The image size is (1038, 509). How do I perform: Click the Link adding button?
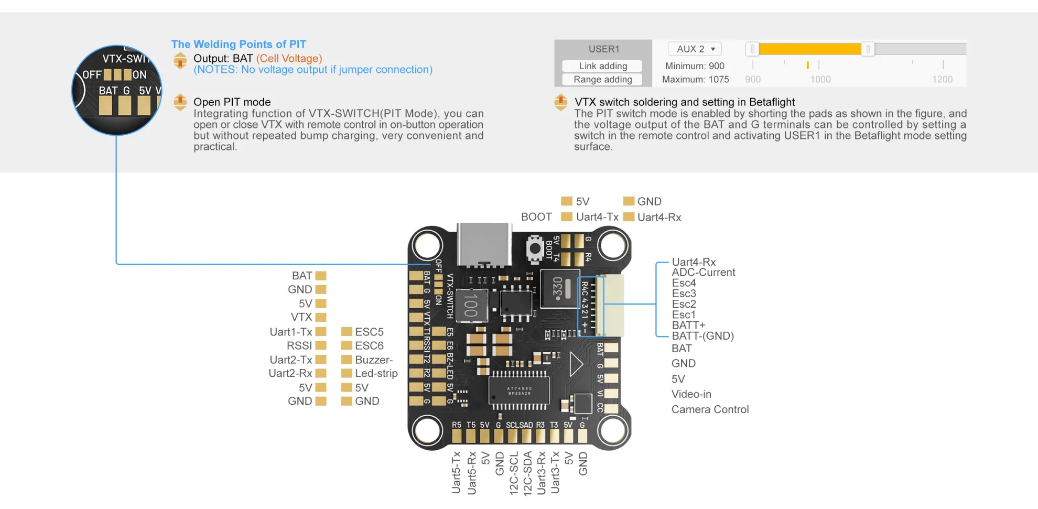[x=602, y=66]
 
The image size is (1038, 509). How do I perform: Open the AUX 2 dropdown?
[x=695, y=49]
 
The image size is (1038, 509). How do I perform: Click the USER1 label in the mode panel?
[x=603, y=49]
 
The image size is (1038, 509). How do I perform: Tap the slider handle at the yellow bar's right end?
[x=868, y=49]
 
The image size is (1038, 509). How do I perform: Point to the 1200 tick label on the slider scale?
[x=942, y=80]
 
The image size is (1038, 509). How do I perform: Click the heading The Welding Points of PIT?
[x=239, y=45]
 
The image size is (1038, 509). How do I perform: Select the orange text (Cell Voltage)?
[x=289, y=59]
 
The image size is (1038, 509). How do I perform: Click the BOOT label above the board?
[x=536, y=217]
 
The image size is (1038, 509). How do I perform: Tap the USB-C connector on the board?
[x=484, y=244]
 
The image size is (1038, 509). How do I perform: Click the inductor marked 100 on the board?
[x=471, y=306]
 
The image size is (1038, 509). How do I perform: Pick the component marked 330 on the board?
[x=559, y=288]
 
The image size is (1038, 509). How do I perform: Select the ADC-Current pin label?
[x=703, y=273]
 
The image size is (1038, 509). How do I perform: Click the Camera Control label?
[x=710, y=409]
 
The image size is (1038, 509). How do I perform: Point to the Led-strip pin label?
[x=376, y=374]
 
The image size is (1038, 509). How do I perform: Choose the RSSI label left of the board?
[x=299, y=346]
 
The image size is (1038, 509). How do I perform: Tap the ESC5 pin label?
[x=369, y=332]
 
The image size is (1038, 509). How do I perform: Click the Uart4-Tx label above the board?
[x=597, y=217]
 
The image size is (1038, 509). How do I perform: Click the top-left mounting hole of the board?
[x=427, y=245]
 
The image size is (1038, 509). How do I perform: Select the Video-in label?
[x=691, y=394]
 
